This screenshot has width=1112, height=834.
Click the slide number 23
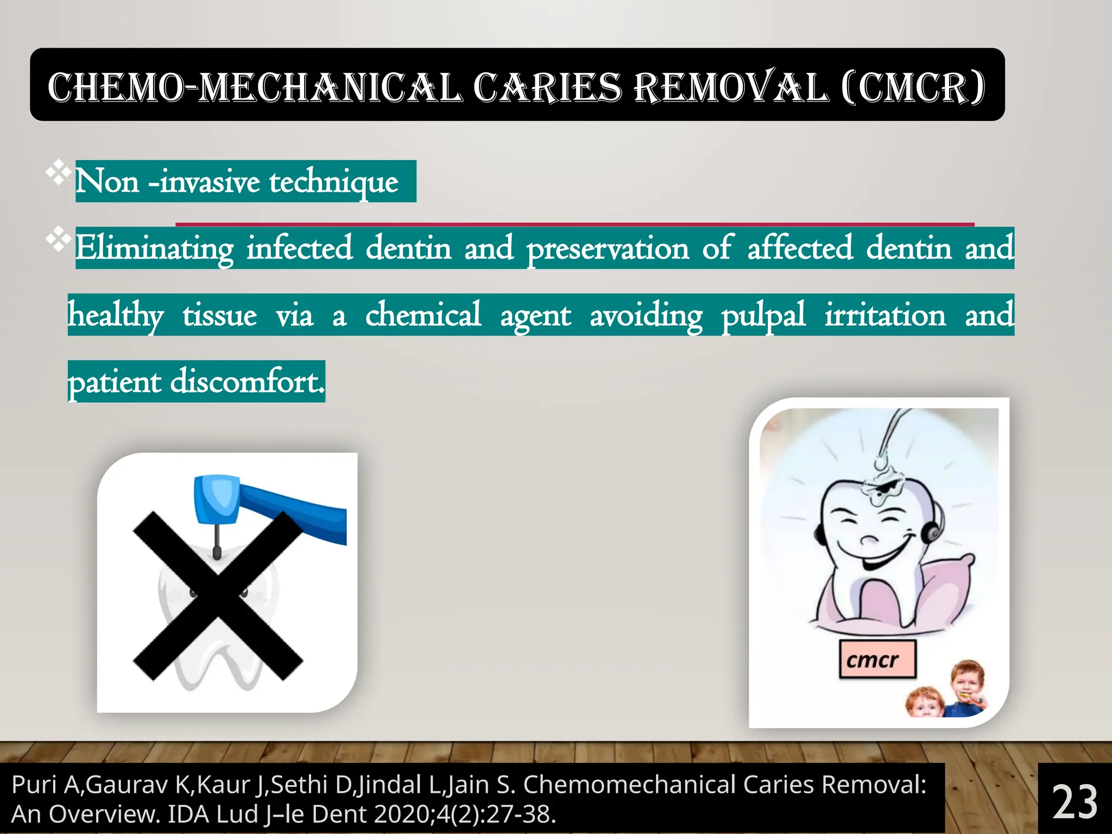(x=1075, y=802)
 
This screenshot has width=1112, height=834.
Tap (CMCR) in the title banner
(x=913, y=87)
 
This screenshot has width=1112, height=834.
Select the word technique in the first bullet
(x=334, y=182)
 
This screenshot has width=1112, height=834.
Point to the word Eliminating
(x=154, y=249)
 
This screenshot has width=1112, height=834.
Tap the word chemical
(x=423, y=315)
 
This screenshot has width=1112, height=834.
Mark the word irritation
(x=885, y=315)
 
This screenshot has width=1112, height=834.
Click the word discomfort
(x=247, y=382)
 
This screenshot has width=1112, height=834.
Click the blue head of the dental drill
(x=217, y=500)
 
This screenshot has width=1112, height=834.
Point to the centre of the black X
(x=218, y=596)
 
